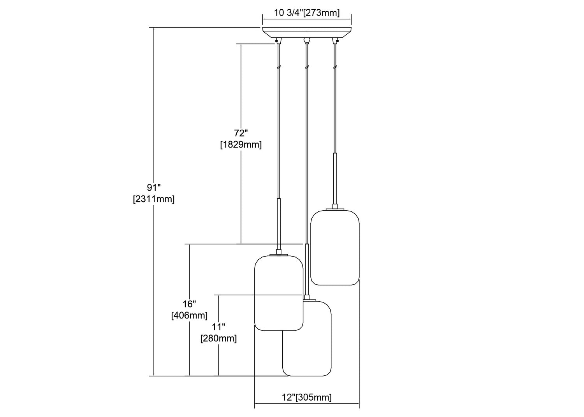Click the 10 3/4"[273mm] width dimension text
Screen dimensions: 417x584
click(307, 13)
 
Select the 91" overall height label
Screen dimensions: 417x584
click(154, 187)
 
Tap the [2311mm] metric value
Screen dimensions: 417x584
click(153, 199)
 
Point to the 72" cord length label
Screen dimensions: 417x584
click(241, 133)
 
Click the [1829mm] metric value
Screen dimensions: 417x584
click(241, 145)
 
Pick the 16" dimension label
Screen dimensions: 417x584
click(189, 304)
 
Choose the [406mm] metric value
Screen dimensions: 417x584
click(189, 315)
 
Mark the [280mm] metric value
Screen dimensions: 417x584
click(218, 338)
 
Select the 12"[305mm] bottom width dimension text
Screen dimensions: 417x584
click(307, 397)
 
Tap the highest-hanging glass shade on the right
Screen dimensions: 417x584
click(335, 247)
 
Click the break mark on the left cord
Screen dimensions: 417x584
click(278, 67)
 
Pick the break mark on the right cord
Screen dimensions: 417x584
click(335, 67)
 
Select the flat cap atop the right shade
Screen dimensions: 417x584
click(335, 209)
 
